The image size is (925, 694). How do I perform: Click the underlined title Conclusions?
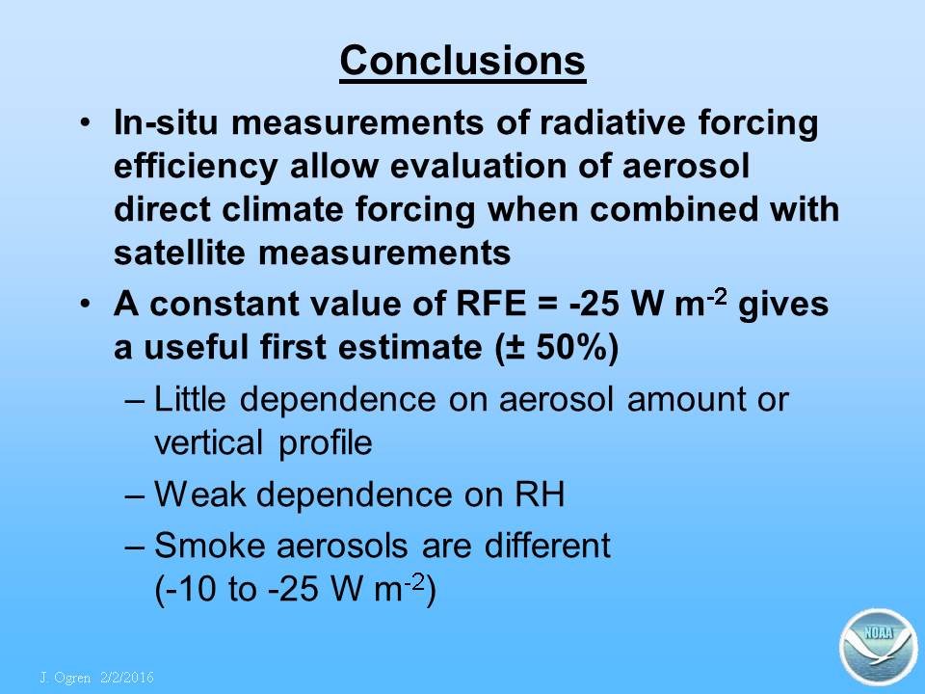462,62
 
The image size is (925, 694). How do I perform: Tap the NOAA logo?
879,647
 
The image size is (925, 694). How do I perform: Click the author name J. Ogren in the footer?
65,677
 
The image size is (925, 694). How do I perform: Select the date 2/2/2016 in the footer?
127,677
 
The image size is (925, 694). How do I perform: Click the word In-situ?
166,122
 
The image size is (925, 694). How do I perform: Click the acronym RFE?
490,304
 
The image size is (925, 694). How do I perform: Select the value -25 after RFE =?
595,304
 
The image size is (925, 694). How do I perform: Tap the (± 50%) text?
556,348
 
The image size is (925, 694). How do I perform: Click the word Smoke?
209,545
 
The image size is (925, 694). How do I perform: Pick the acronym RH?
540,494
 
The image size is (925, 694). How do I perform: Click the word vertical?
208,442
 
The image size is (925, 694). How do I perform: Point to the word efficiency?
196,167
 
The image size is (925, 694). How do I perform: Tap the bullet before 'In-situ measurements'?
86,123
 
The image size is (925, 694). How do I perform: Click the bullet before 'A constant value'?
86,305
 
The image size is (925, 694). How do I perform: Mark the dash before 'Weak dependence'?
135,495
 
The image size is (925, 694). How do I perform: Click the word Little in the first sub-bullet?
190,398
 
